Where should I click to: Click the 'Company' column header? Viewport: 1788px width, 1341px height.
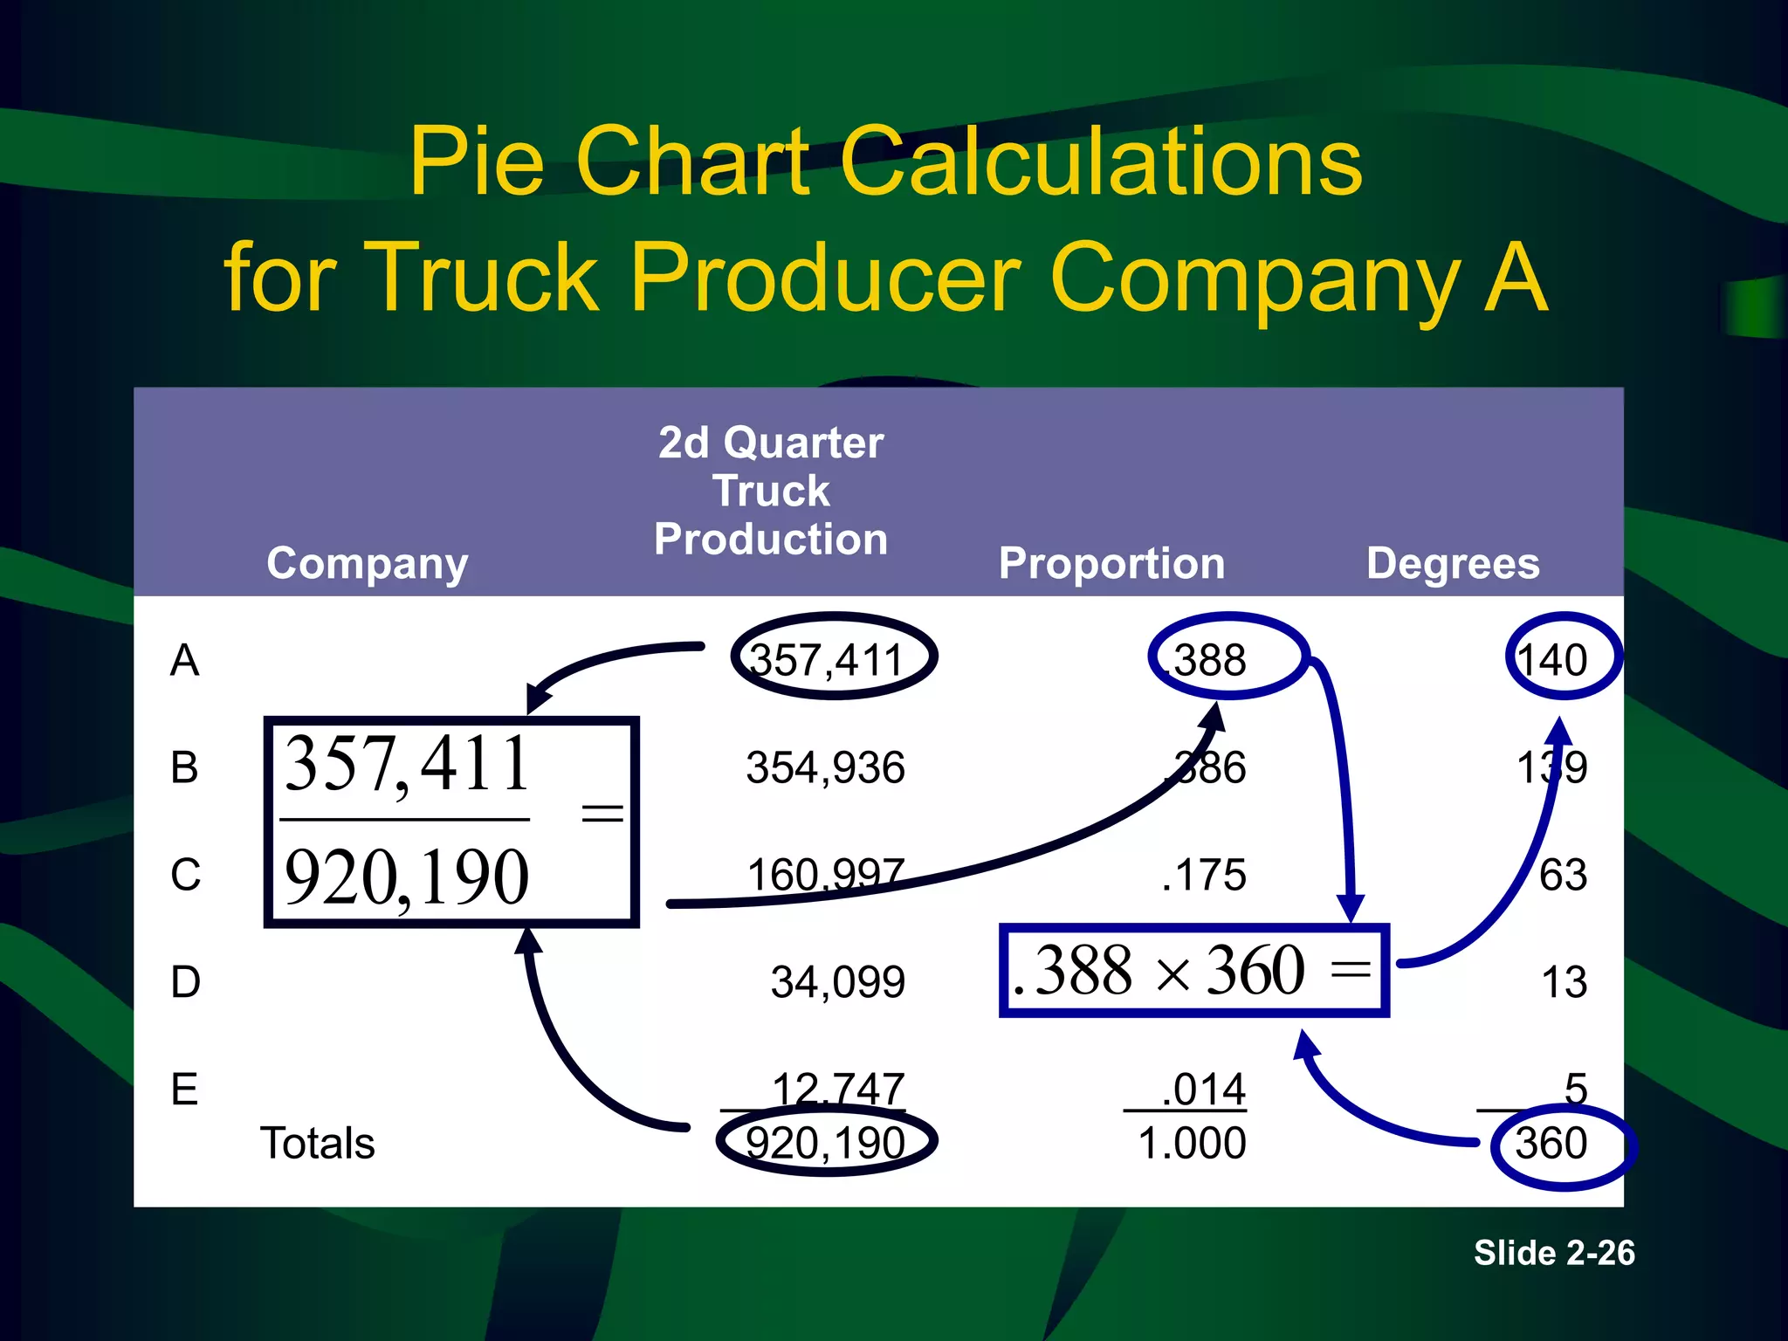(x=367, y=564)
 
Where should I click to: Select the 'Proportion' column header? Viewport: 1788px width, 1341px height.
(x=1111, y=564)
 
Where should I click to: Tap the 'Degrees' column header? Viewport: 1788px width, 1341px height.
(x=1453, y=564)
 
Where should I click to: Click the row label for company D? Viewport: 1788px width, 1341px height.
(x=185, y=982)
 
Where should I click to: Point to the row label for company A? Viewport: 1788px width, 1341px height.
(x=185, y=660)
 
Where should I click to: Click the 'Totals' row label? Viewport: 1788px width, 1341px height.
(x=318, y=1144)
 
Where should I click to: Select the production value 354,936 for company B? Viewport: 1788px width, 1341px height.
(x=825, y=768)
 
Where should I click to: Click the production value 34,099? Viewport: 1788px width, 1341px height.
(x=837, y=982)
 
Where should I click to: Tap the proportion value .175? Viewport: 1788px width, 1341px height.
(x=1204, y=875)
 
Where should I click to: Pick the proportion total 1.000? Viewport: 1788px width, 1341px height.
(x=1192, y=1144)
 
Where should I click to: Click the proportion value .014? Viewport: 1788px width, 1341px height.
(x=1204, y=1090)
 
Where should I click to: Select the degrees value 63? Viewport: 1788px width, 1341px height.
(x=1563, y=875)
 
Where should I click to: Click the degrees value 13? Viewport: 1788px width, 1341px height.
(x=1564, y=982)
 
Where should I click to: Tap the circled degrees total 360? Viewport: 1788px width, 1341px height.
(x=1552, y=1144)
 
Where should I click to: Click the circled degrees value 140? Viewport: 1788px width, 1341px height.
(x=1554, y=660)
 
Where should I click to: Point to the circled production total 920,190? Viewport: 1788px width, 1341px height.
(x=825, y=1144)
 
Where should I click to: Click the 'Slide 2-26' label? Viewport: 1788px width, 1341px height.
(x=1554, y=1253)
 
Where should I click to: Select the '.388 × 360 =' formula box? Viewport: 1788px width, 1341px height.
(x=1193, y=971)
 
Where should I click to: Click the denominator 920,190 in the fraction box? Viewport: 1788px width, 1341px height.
(x=407, y=877)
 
